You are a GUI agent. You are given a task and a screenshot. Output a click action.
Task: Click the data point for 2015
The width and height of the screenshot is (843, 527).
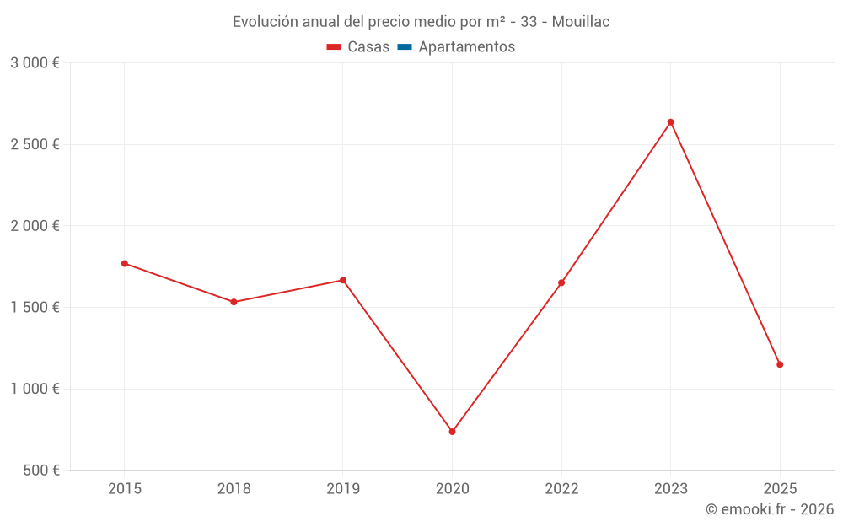pos(125,263)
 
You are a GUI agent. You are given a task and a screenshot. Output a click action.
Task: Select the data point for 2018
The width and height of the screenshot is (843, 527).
pos(234,302)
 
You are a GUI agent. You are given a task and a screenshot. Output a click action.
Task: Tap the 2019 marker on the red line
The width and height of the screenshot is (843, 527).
pos(343,280)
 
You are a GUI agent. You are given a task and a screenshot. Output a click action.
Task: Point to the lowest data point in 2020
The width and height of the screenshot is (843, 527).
pos(452,432)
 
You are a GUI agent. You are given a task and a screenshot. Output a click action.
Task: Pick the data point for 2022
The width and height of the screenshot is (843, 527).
pos(561,282)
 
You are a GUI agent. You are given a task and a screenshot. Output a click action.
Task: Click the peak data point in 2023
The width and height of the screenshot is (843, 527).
pos(671,122)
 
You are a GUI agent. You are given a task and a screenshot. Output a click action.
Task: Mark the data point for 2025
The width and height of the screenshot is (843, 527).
pos(780,364)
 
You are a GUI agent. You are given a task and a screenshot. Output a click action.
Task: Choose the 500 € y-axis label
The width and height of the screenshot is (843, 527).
pos(40,471)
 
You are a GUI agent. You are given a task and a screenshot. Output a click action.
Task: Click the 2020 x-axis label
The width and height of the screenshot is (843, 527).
pos(452,488)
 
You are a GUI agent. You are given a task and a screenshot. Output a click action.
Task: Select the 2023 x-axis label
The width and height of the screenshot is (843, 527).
pos(671,488)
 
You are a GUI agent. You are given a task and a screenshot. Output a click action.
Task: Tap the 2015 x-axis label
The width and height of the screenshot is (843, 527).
pos(125,488)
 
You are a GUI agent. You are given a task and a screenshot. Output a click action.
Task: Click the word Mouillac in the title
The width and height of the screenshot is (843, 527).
pos(581,22)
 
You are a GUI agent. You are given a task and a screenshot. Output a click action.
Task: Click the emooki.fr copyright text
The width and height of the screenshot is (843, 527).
pos(770,509)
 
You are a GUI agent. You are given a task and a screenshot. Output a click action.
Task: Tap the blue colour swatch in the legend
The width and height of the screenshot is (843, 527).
pos(405,47)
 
